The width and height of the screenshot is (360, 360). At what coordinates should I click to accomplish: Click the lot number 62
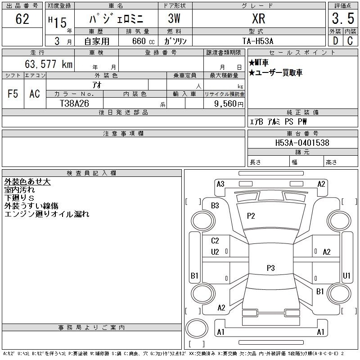click(x=22, y=19)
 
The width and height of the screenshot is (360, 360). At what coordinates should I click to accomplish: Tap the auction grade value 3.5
click(x=343, y=18)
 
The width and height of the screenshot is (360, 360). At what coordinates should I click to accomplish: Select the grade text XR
click(x=258, y=18)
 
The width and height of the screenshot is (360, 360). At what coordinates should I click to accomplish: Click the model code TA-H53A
click(x=258, y=41)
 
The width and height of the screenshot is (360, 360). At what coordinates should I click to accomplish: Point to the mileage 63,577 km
click(x=49, y=64)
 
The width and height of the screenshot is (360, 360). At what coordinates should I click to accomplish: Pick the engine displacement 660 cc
click(x=143, y=41)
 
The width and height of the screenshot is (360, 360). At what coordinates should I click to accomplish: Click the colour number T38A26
click(x=74, y=103)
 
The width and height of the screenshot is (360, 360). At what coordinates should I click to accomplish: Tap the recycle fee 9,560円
click(x=229, y=104)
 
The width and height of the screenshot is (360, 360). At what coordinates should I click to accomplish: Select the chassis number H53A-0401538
click(x=302, y=143)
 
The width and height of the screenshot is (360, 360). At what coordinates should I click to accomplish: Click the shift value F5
click(x=13, y=94)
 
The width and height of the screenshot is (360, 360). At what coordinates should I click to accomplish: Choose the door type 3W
click(x=174, y=18)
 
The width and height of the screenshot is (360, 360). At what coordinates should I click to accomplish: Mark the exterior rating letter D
click(x=335, y=41)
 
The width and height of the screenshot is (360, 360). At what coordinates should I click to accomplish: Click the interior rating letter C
click(x=350, y=41)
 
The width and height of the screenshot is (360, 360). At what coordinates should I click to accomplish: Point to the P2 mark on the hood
click(x=251, y=216)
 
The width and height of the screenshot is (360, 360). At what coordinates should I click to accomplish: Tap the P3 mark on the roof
click(x=271, y=268)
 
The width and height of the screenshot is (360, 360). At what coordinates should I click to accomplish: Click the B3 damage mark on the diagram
click(x=215, y=206)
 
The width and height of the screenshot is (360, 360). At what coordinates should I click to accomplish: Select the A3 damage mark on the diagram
click(x=220, y=184)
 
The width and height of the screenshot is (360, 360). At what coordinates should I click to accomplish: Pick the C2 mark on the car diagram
click(x=215, y=241)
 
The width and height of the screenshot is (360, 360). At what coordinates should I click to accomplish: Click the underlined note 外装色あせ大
click(x=27, y=182)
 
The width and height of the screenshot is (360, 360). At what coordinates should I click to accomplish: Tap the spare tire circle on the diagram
click(x=197, y=328)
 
